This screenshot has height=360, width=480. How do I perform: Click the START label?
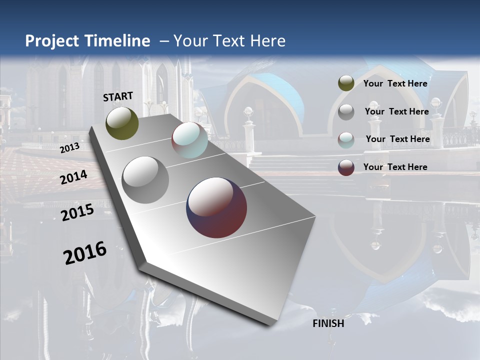coord(118,96)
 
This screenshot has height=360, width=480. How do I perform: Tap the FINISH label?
coord(328,323)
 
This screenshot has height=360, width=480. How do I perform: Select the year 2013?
coord(69,147)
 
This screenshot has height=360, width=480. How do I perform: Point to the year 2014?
coord(73,177)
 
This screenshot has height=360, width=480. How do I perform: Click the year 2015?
coord(77,212)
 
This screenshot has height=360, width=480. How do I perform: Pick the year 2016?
coord(85,252)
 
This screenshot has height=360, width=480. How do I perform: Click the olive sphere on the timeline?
coord(122,123)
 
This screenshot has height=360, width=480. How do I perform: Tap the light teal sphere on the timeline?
coord(189,140)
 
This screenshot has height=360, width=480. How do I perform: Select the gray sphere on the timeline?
coord(145,180)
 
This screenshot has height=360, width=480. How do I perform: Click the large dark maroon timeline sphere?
coord(216,207)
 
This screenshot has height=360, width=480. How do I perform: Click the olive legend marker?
coord(346,83)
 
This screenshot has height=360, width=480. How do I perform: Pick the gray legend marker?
coord(346,112)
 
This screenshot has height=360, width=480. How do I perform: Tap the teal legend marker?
coord(346,139)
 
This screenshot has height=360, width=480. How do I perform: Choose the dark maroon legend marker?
coord(346,167)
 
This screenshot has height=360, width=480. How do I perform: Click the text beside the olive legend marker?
coord(395,83)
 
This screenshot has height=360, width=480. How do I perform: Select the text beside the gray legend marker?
coord(396,111)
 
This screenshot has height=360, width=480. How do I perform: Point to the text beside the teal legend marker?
coord(397,139)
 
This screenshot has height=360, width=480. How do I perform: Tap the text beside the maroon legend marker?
coord(395,167)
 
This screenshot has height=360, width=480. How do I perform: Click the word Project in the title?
coord(52,41)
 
